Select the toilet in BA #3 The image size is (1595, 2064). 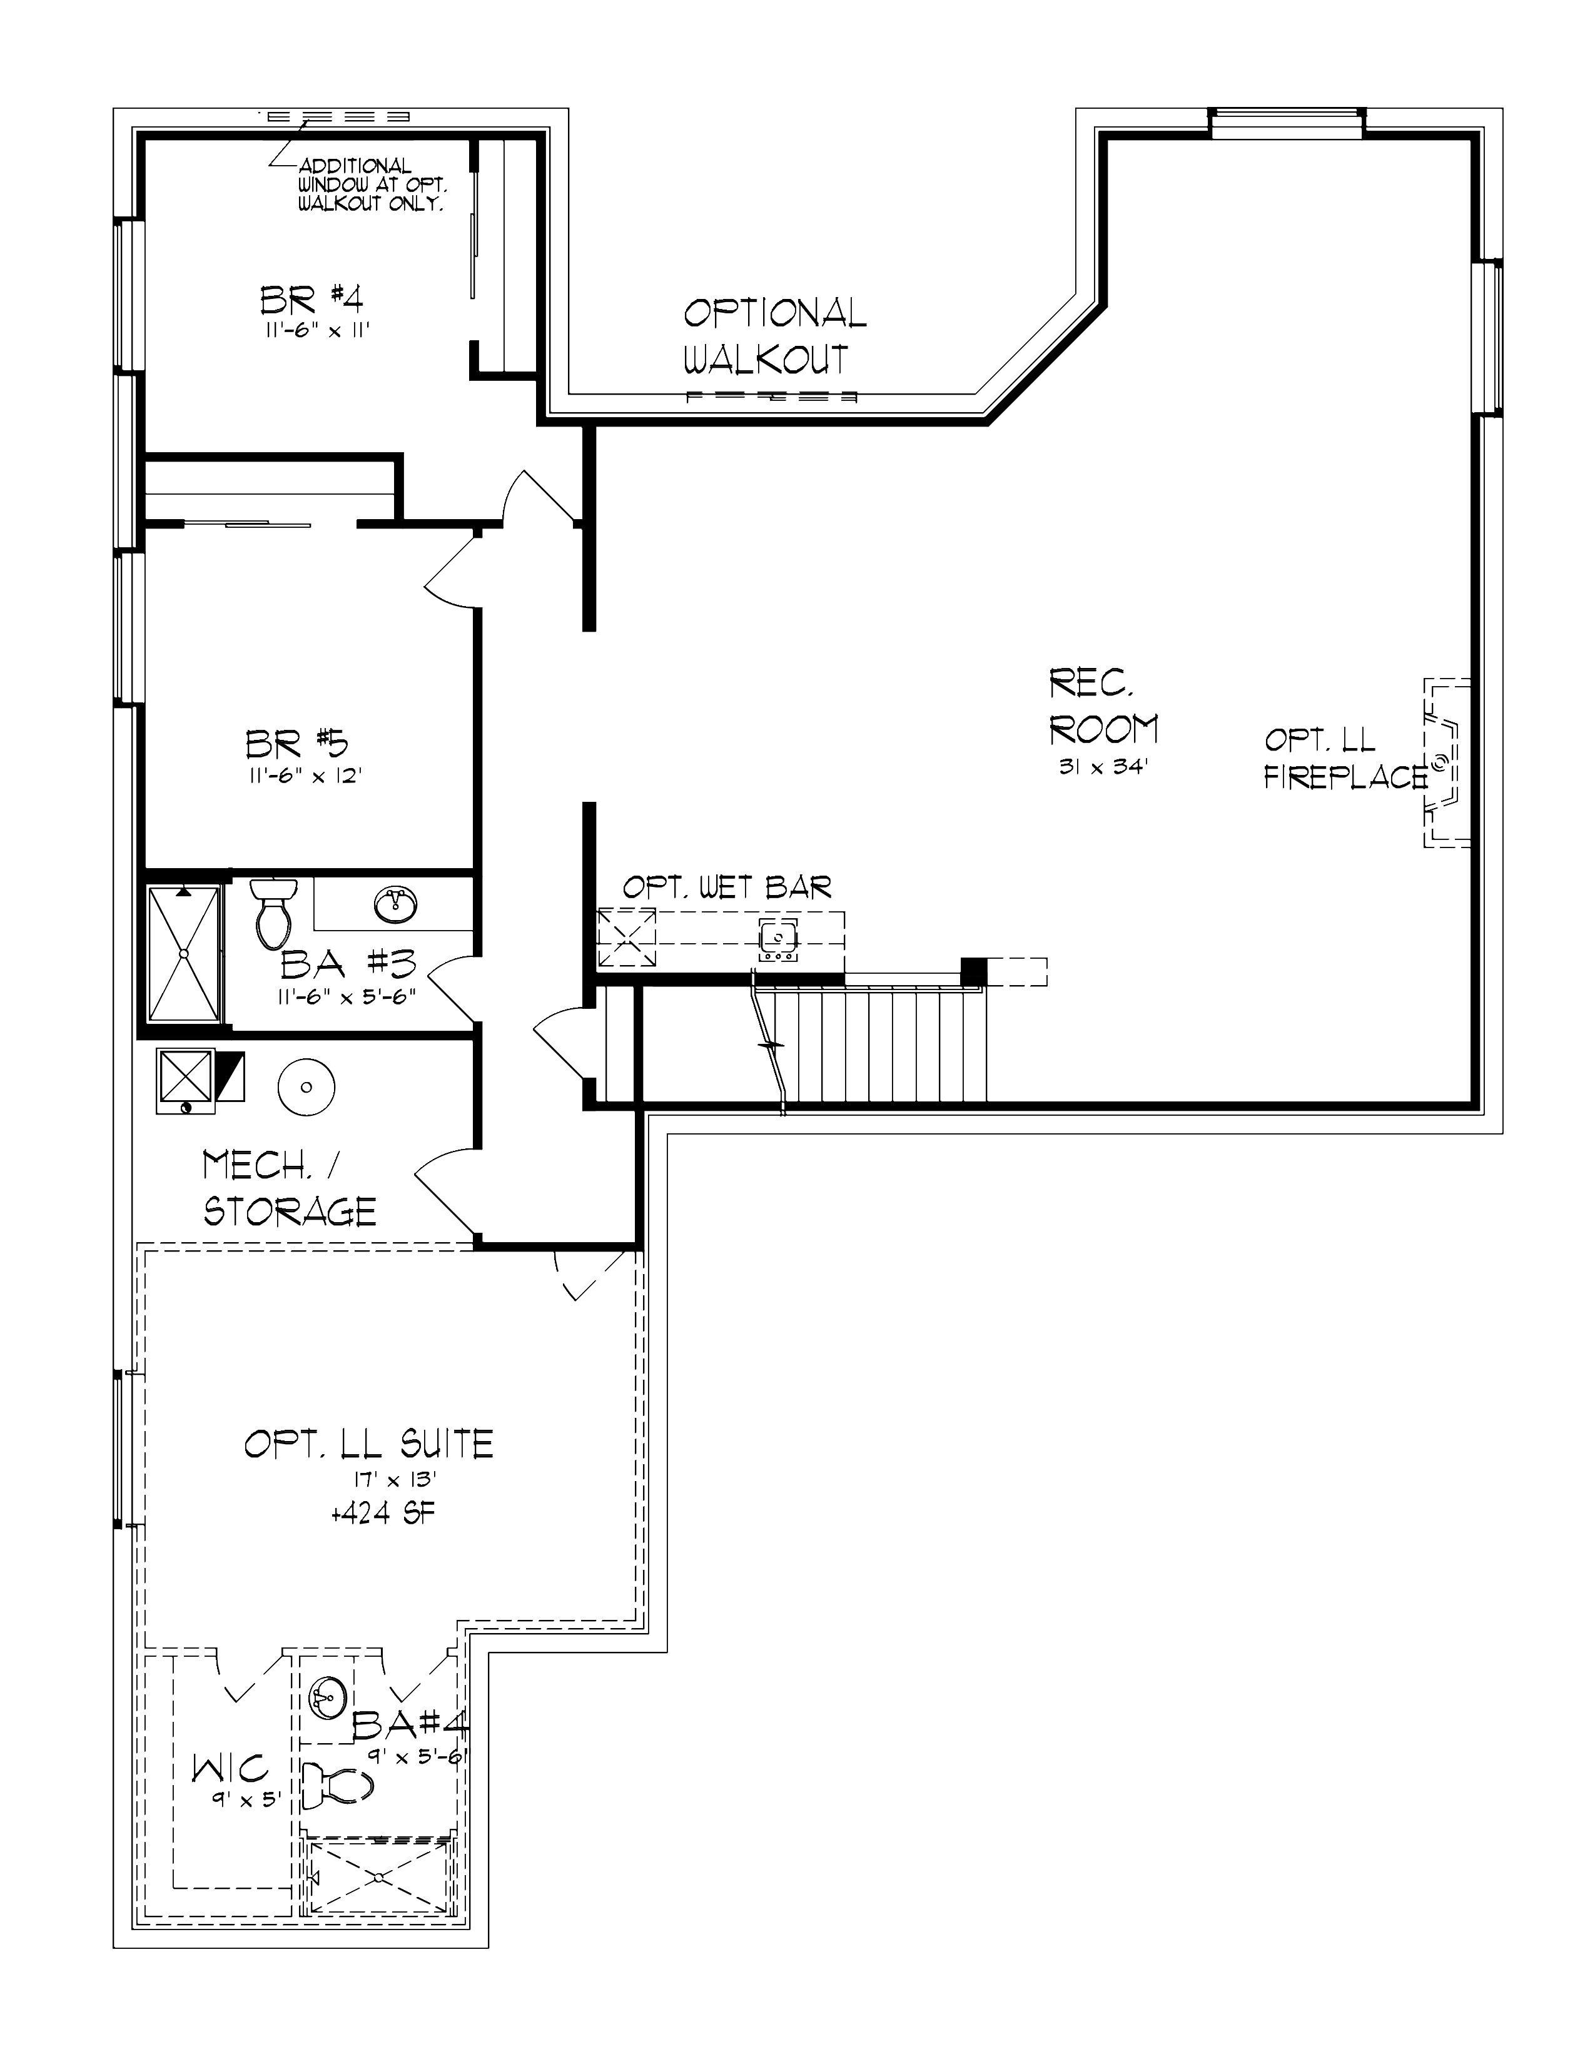(x=273, y=912)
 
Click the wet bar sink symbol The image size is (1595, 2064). (x=777, y=939)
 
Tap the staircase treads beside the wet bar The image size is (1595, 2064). (x=879, y=1045)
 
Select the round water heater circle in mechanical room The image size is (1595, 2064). (x=306, y=1087)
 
